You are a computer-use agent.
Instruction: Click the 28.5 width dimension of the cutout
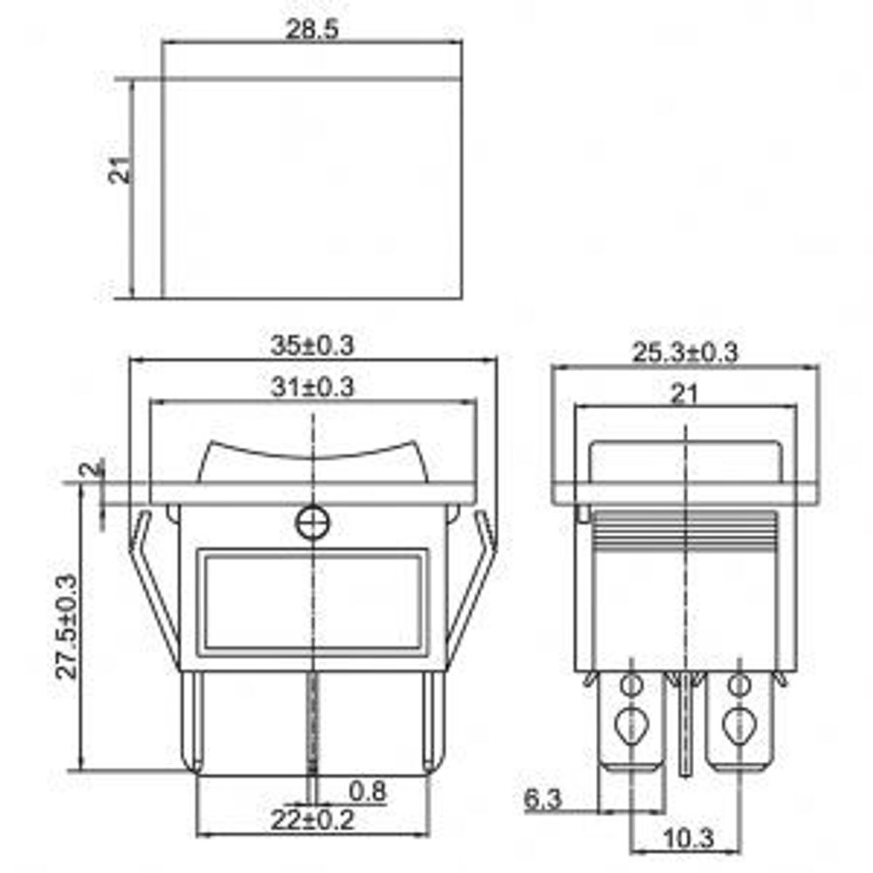click(x=312, y=28)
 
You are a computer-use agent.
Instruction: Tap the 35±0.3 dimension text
click(x=312, y=346)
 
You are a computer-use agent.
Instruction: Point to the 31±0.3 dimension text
click(x=312, y=388)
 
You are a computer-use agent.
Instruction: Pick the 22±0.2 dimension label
click(x=312, y=821)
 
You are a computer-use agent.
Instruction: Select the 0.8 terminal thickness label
click(x=367, y=791)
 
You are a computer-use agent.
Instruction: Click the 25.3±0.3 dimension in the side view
click(x=685, y=353)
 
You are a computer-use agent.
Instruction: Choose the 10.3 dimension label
click(x=688, y=840)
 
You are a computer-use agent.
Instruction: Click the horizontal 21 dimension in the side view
click(x=685, y=394)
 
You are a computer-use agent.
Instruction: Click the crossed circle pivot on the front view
click(x=312, y=523)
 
